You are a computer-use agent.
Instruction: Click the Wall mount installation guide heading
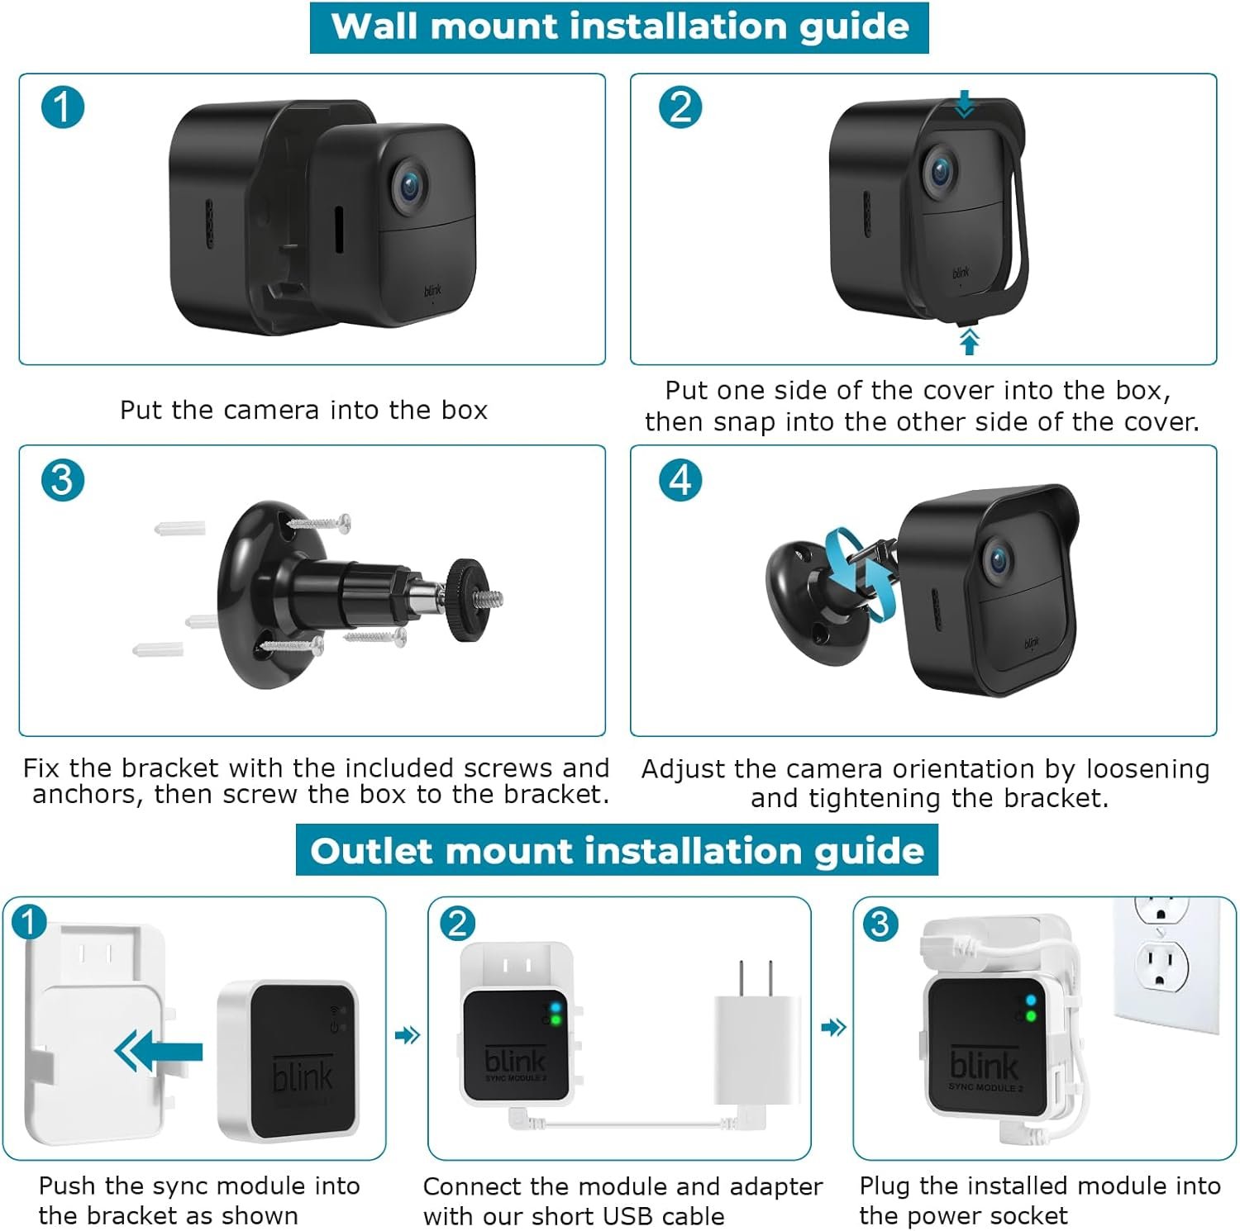[x=619, y=27]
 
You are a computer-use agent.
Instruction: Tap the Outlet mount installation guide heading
[x=617, y=851]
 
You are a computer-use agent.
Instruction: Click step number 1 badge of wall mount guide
[x=63, y=107]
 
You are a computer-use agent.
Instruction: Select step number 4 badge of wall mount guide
[x=680, y=480]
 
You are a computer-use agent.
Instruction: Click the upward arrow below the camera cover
[x=970, y=340]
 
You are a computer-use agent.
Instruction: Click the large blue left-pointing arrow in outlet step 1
[x=159, y=1053]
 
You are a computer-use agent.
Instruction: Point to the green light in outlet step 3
[x=1031, y=1016]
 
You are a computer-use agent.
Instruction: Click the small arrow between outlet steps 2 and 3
[x=833, y=1028]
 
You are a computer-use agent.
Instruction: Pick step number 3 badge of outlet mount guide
[x=880, y=924]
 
